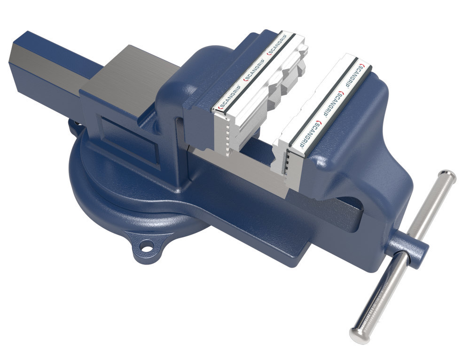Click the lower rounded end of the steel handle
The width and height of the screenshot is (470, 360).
358,332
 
